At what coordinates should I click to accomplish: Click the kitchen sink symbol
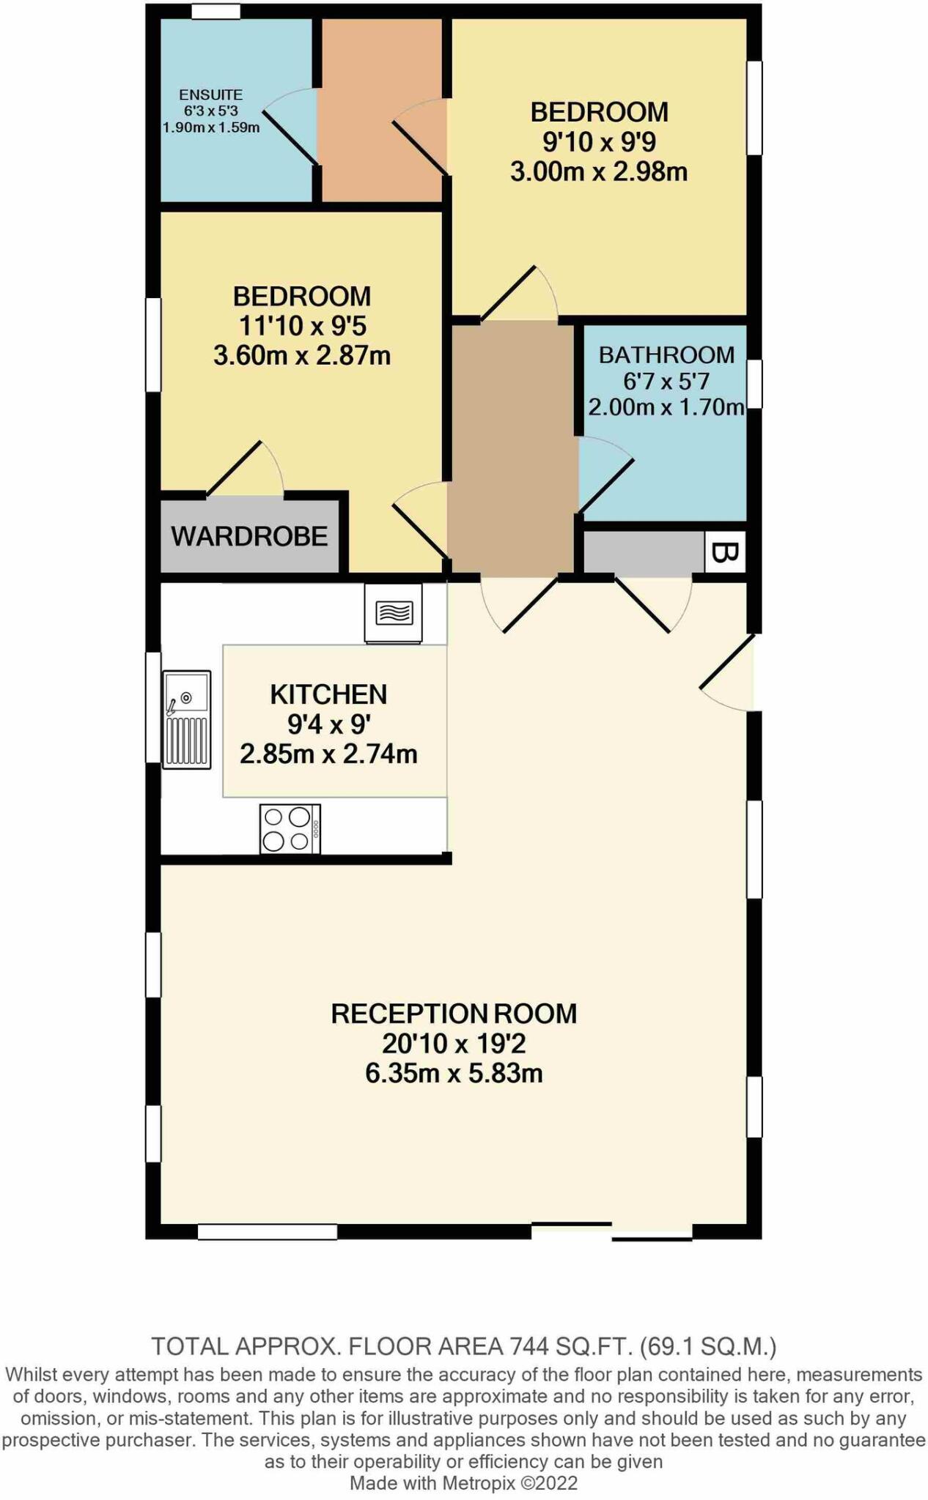pos(187,719)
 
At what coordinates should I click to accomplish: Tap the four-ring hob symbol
pos(290,828)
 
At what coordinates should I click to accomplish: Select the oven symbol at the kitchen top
pos(394,613)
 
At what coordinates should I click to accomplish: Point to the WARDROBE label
pos(249,536)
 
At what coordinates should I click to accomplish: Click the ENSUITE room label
pos(210,95)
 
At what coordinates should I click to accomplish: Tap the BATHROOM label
pos(666,355)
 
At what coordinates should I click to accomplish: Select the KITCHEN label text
pos(328,694)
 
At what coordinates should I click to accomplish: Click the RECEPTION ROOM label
pos(454,1014)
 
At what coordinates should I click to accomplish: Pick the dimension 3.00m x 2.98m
pos(599,172)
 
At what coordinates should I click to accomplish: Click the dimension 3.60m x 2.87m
pos(302,356)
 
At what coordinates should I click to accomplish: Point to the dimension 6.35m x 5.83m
pos(454,1074)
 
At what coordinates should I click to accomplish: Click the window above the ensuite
pos(216,12)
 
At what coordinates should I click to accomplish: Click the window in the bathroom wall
pos(754,383)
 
